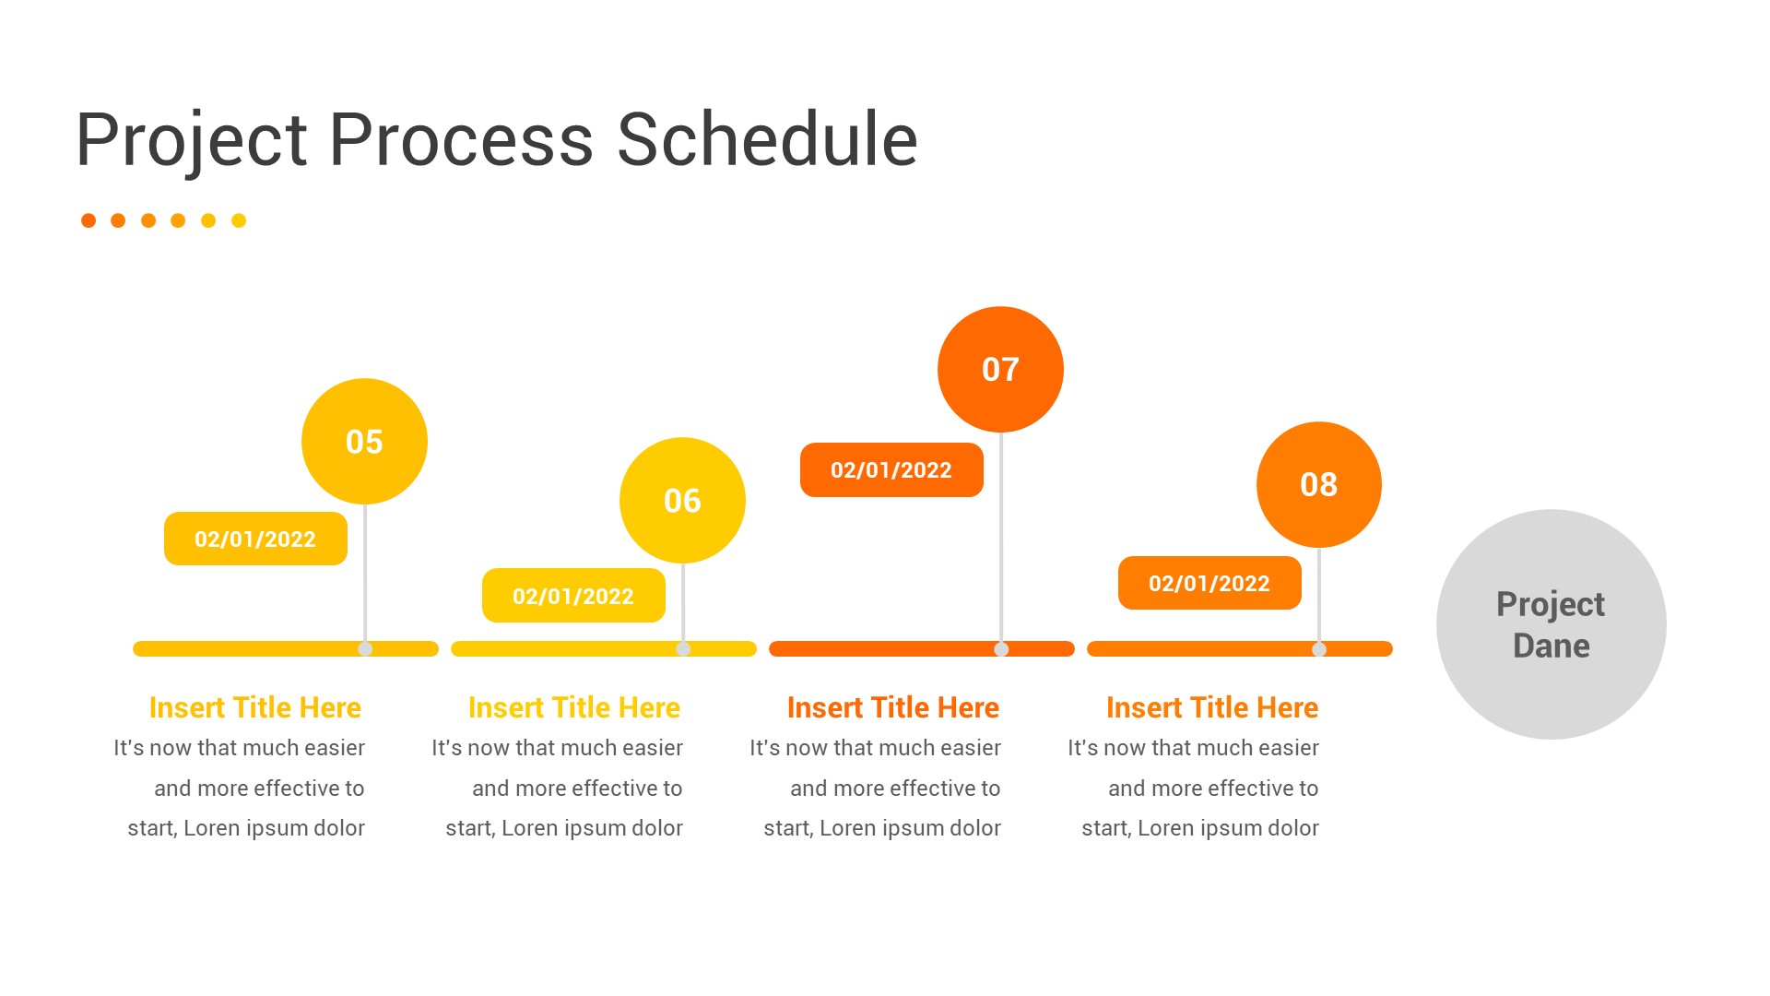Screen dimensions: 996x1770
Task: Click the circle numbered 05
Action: [364, 441]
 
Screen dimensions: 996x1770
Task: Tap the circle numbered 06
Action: [682, 500]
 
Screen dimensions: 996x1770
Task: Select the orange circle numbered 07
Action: [1000, 369]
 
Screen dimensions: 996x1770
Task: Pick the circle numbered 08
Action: [1318, 484]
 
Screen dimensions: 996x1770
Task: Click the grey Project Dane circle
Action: [1551, 624]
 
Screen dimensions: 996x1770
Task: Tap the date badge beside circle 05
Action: [255, 539]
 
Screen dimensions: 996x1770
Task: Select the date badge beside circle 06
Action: [573, 596]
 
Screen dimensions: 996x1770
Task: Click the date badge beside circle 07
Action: [891, 469]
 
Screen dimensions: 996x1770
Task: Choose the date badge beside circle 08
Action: [1209, 583]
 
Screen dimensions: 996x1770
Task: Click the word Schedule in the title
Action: [767, 140]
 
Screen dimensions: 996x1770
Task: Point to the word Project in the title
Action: [192, 140]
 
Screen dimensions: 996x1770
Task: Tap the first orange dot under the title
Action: [88, 220]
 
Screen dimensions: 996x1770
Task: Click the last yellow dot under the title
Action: [239, 220]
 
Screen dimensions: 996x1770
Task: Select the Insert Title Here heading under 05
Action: [255, 707]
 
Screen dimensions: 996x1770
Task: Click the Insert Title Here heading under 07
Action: [892, 707]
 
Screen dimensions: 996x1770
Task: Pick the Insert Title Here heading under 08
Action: [1211, 707]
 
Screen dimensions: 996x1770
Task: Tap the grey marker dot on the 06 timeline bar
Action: [683, 649]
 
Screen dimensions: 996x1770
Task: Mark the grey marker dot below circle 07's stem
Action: [1001, 649]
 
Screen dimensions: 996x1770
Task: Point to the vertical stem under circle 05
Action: [365, 572]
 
